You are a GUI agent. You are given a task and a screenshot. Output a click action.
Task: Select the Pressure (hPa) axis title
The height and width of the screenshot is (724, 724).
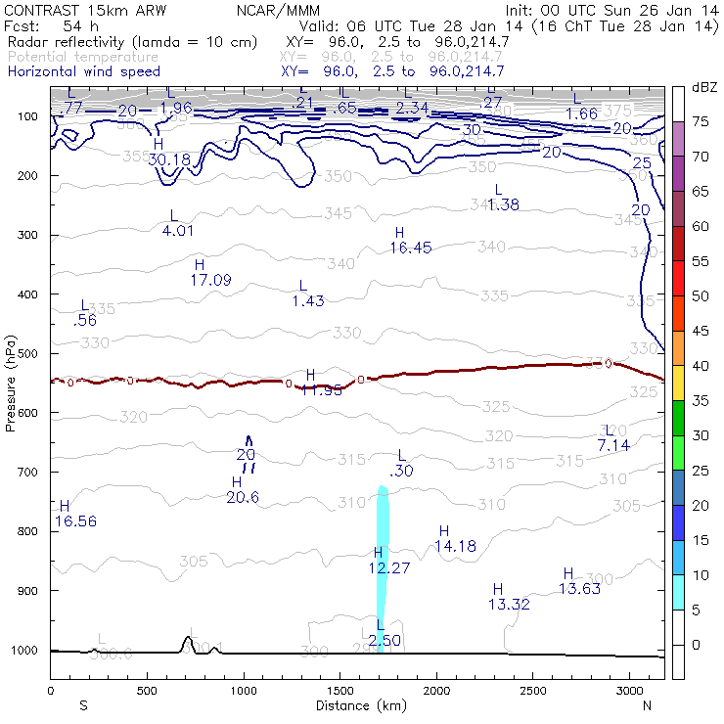pyautogui.click(x=11, y=383)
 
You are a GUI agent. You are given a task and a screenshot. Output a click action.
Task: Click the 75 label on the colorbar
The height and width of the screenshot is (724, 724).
pyautogui.click(x=701, y=122)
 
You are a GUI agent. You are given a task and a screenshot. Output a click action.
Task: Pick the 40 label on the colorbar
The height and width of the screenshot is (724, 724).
pyautogui.click(x=701, y=365)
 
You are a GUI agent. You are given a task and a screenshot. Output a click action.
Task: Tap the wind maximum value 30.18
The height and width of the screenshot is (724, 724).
pyautogui.click(x=169, y=159)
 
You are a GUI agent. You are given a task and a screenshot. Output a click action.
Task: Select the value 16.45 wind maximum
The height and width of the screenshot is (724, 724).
pyautogui.click(x=410, y=249)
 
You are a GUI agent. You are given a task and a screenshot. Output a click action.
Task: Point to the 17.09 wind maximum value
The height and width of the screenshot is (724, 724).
pyautogui.click(x=210, y=280)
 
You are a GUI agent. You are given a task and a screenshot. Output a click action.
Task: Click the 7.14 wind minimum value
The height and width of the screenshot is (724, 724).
pyautogui.click(x=612, y=445)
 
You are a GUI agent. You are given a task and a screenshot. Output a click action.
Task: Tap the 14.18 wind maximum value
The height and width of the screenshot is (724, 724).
pyautogui.click(x=455, y=546)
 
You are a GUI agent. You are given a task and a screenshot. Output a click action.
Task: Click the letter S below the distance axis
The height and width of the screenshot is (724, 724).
pyautogui.click(x=83, y=705)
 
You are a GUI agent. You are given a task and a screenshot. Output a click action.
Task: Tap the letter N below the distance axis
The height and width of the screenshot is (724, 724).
pyautogui.click(x=647, y=705)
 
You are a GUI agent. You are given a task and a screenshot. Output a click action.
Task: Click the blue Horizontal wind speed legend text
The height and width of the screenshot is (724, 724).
pyautogui.click(x=83, y=71)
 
